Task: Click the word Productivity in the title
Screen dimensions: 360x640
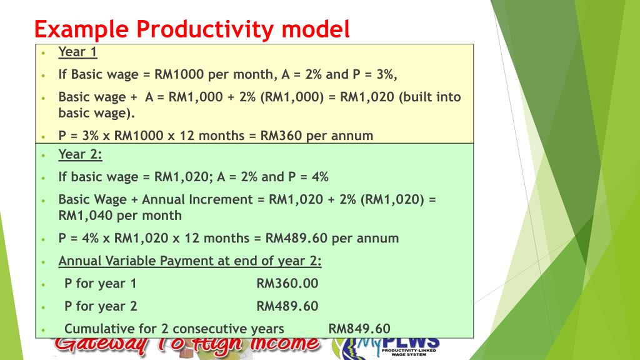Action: tap(204, 29)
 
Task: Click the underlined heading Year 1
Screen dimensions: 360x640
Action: tap(77, 52)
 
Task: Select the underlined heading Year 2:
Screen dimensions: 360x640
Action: tap(80, 154)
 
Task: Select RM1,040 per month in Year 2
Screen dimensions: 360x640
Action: tap(120, 216)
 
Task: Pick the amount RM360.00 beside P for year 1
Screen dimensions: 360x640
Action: tap(287, 283)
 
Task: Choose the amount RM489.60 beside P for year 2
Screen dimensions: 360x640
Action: tap(287, 306)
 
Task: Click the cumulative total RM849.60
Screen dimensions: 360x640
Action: tap(359, 329)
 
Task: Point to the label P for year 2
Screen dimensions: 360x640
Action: tap(101, 306)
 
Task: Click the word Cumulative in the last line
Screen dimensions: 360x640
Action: tap(97, 329)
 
